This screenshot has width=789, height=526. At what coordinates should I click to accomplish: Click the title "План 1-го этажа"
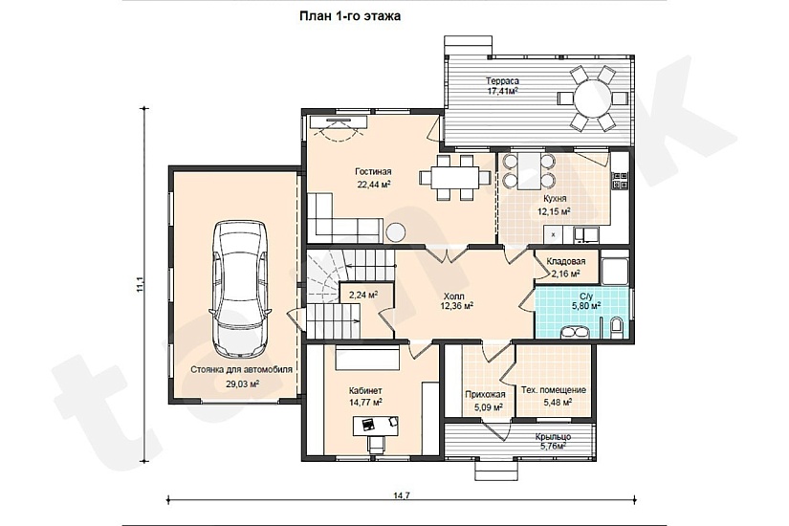pos(350,16)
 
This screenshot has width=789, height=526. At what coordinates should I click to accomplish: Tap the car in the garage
pos(240,289)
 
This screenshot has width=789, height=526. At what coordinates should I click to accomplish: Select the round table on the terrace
pos(592,98)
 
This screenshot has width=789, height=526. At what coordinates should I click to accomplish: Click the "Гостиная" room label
pos(373,171)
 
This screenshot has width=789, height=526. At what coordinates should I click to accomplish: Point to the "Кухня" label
pos(554,199)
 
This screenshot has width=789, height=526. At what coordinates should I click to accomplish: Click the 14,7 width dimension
pos(401,495)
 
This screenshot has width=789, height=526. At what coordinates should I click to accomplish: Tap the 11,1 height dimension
pos(140,284)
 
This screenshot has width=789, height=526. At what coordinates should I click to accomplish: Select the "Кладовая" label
pos(566,262)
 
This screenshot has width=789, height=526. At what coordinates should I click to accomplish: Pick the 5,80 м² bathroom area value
pos(585,305)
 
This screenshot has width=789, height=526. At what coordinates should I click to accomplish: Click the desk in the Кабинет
pos(376,426)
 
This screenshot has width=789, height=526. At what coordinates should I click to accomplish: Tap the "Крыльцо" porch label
pos(553,437)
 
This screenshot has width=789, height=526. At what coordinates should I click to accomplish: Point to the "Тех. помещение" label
pos(554,390)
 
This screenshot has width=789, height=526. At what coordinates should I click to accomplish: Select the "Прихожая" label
pos(485,395)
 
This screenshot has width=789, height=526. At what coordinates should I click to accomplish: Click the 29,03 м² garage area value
pos(242,384)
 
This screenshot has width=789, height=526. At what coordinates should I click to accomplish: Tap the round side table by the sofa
pos(396,231)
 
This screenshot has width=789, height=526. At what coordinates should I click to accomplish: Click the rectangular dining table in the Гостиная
pos(455,177)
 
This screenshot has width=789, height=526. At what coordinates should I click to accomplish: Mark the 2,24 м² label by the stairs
pos(363,295)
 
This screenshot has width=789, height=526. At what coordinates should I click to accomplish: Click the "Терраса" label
pos(502,80)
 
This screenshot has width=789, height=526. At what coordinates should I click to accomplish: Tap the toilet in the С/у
pos(616,327)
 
